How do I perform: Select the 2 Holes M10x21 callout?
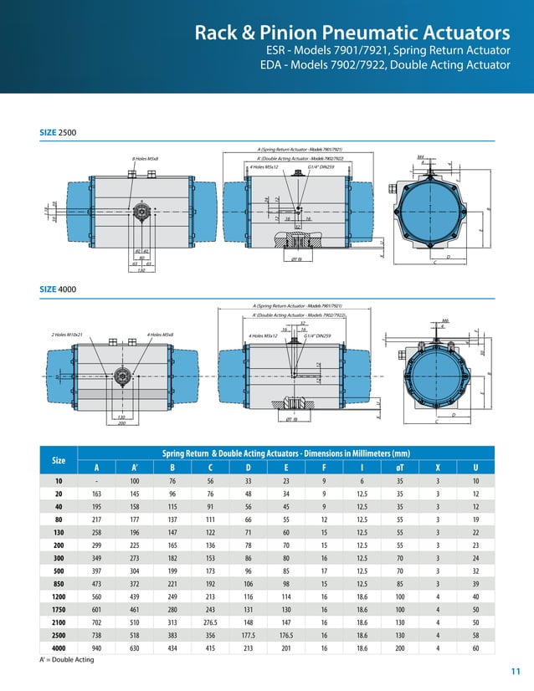pyautogui.click(x=71, y=335)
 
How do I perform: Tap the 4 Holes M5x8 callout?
pyautogui.click(x=160, y=335)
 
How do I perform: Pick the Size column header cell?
pyautogui.click(x=59, y=460)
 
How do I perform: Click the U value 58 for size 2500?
pyautogui.click(x=476, y=635)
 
